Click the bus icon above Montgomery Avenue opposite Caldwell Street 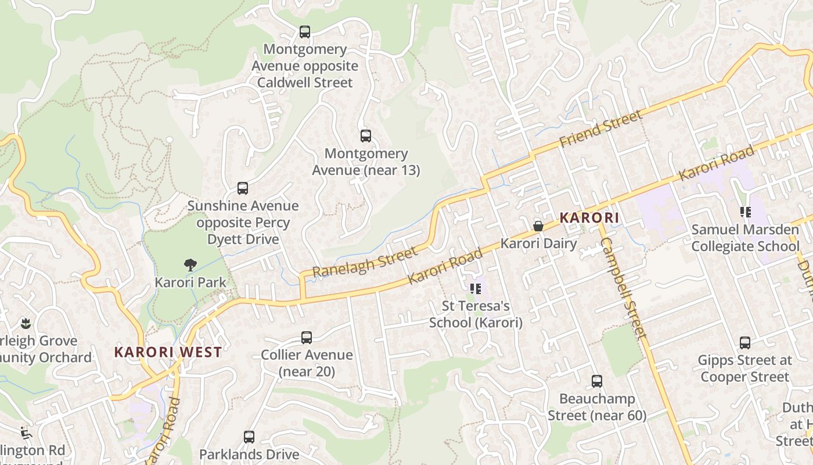(x=304, y=32)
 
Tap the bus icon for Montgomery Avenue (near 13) (x=365, y=136)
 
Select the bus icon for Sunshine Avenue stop (x=243, y=188)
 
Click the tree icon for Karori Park (x=190, y=265)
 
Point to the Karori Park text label (x=190, y=282)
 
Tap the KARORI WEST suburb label (x=168, y=352)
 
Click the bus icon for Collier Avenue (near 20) (x=306, y=338)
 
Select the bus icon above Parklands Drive (x=249, y=437)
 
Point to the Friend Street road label (x=601, y=128)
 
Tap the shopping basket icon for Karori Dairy (x=538, y=226)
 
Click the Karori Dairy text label (x=538, y=243)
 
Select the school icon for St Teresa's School (x=476, y=288)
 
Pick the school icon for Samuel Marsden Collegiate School (x=745, y=212)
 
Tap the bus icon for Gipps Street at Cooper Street (x=744, y=343)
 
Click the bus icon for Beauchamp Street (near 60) (x=596, y=381)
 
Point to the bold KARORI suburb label (x=589, y=218)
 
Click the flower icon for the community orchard (x=25, y=323)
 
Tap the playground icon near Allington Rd (x=25, y=433)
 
